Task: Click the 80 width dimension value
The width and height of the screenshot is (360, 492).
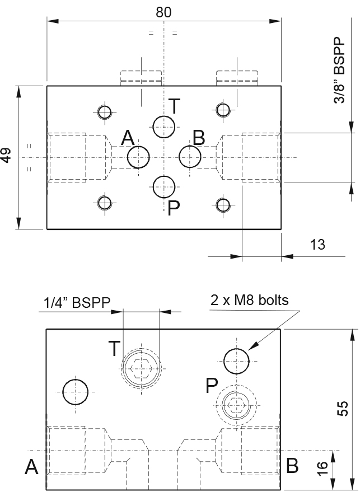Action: pos(163,12)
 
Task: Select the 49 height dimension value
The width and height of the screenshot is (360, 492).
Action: pos(6,155)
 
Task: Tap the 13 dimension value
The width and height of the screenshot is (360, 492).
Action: pos(317,245)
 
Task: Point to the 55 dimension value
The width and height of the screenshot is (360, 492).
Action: pos(343,408)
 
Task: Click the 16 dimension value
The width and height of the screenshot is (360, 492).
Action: pos(322,468)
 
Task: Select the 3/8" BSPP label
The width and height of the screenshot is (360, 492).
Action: pos(339,71)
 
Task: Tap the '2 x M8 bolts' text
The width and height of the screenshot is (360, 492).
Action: pos(250,300)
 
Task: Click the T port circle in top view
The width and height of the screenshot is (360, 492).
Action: pos(164,126)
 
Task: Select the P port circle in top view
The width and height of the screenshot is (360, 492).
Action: pos(164,187)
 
